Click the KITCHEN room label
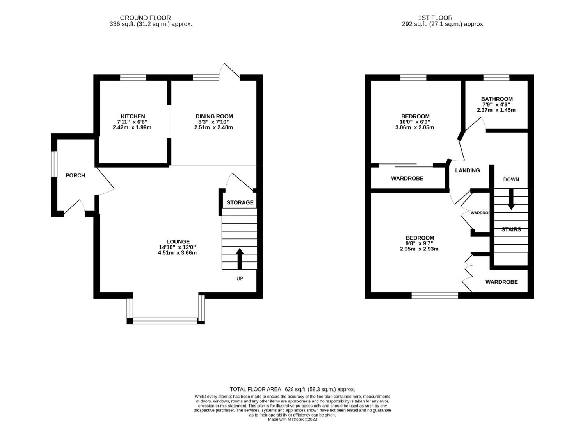tap(133, 116)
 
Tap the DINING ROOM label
tap(214, 116)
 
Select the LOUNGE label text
tap(178, 242)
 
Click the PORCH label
tap(75, 175)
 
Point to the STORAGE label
tap(240, 202)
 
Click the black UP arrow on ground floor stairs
tap(240, 258)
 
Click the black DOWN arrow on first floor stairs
tap(510, 199)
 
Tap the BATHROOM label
tap(496, 99)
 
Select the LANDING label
tap(467, 170)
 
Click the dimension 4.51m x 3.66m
tap(177, 253)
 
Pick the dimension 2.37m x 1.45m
tap(496, 110)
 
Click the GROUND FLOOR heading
tap(145, 18)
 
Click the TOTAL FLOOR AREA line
tap(292, 389)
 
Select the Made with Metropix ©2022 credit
tap(292, 420)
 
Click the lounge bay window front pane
tap(165, 321)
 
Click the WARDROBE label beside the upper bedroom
tap(407, 179)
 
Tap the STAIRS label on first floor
tap(511, 230)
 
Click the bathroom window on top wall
tap(496, 77)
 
